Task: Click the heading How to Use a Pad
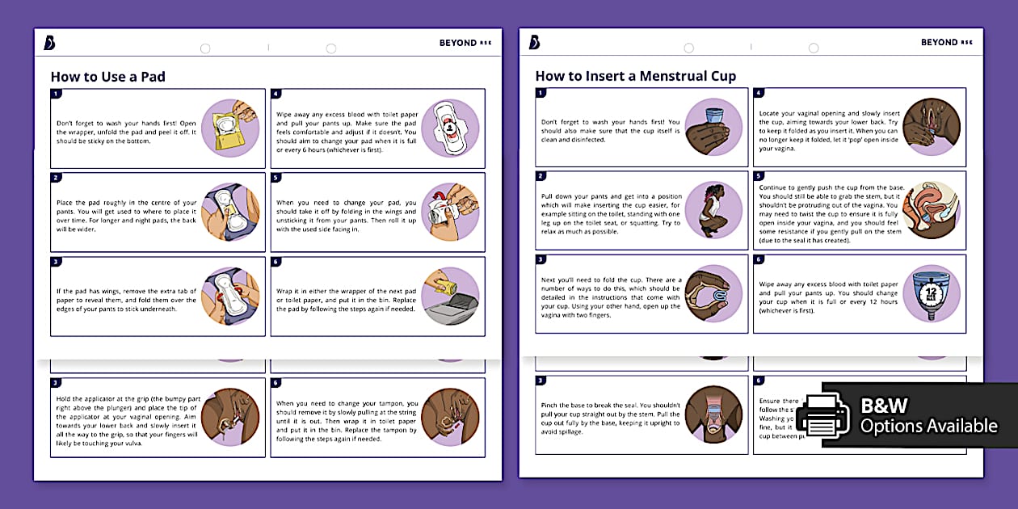[x=107, y=77]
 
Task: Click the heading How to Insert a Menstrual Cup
[x=635, y=77]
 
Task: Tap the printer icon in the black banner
[x=822, y=414]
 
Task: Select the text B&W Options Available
[x=928, y=415]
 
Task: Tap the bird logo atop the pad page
[x=50, y=43]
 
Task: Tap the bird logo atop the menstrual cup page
[x=534, y=42]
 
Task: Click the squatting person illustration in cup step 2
[x=713, y=209]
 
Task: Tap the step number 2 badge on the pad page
[x=56, y=178]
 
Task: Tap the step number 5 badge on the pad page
[x=276, y=178]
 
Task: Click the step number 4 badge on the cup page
[x=759, y=94]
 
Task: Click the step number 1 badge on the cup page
[x=541, y=94]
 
